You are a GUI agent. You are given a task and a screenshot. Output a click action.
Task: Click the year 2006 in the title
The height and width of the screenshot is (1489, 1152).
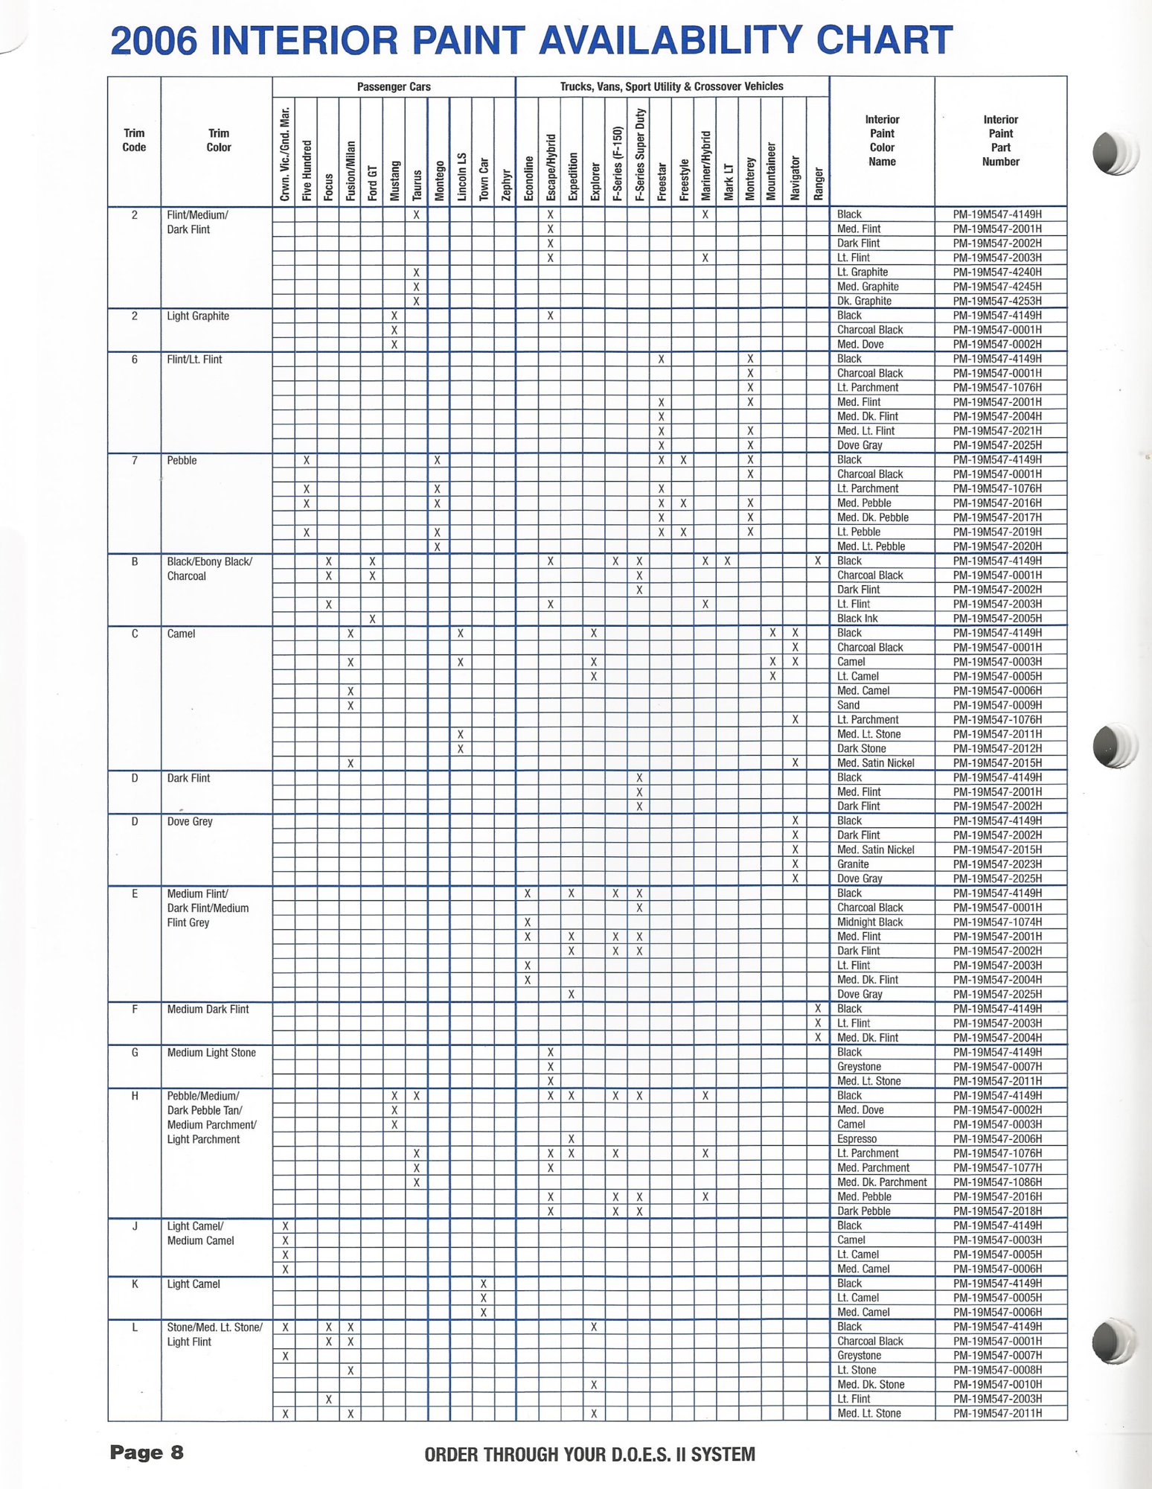154,41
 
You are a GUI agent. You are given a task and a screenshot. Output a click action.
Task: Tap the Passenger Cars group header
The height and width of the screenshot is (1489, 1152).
393,87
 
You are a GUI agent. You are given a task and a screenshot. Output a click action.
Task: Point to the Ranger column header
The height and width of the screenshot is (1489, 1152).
818,183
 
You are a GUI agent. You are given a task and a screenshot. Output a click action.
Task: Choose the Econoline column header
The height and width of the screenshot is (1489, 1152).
528,179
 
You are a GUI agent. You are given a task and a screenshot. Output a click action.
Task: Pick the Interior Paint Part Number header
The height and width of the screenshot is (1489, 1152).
999,141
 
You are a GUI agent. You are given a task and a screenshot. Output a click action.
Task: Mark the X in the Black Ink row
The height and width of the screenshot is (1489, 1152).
372,619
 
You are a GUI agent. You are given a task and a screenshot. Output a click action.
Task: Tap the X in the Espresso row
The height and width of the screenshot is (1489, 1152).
571,1139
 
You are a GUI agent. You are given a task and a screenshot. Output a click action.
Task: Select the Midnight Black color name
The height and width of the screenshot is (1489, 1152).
869,922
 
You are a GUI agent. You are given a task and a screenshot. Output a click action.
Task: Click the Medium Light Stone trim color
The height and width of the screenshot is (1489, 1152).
211,1053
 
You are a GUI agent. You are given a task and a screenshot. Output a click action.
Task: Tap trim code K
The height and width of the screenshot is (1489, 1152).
135,1284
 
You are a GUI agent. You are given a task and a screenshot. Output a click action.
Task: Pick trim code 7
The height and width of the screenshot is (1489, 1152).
135,461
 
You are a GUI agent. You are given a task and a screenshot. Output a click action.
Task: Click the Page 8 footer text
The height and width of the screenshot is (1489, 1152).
146,1453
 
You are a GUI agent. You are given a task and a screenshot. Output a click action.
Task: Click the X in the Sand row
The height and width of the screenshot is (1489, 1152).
350,705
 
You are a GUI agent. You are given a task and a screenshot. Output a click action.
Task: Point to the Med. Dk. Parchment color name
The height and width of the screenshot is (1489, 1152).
881,1182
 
